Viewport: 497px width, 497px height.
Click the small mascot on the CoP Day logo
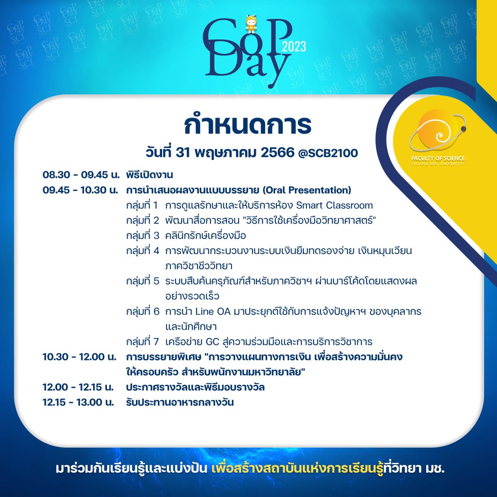tap(251, 24)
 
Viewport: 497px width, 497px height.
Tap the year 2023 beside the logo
tap(294, 47)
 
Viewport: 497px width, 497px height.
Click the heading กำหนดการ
tap(248, 125)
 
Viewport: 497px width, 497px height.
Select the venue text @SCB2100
tap(328, 154)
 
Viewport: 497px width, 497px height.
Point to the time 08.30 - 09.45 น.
tap(81, 175)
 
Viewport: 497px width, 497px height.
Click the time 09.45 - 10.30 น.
tap(80, 191)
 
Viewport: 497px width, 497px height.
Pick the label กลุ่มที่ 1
tap(142, 205)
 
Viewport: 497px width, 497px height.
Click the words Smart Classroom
tap(334, 205)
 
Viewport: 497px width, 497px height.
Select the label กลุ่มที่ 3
tap(142, 236)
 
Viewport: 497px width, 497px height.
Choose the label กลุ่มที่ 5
tap(142, 281)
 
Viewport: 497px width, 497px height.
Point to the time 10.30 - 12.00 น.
tap(80, 357)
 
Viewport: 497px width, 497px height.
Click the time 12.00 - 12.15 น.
tap(78, 387)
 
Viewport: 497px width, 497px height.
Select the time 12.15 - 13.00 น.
tap(78, 403)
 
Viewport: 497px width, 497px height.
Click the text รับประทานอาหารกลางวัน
tap(180, 403)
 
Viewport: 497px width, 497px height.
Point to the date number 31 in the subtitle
tap(183, 154)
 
